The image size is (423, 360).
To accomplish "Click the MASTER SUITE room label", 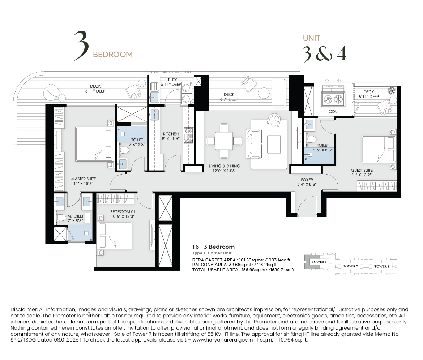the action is (x=84, y=179).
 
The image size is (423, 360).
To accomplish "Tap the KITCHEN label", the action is (x=171, y=134).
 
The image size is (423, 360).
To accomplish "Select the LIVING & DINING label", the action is (x=225, y=166).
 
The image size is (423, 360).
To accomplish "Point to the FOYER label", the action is (x=307, y=180).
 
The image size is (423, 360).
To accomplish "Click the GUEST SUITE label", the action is (x=362, y=170).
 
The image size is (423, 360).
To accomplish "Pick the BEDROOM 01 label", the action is (x=123, y=212).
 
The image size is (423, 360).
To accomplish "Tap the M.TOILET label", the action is (x=76, y=216).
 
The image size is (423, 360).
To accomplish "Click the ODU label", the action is (x=333, y=111).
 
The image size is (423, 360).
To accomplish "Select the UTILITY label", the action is (x=171, y=80).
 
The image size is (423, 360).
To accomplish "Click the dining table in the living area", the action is (x=224, y=141).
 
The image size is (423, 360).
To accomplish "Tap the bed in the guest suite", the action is (x=379, y=149).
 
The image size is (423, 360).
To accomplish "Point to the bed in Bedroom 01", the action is (x=115, y=235).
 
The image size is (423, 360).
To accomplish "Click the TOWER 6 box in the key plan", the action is (x=319, y=262).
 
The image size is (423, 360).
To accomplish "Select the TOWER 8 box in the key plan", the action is (x=382, y=266).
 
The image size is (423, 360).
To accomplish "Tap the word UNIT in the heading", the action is (x=312, y=38).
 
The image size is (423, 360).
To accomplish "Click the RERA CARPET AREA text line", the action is (x=242, y=260).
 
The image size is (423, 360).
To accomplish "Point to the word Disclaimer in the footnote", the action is (x=24, y=309).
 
